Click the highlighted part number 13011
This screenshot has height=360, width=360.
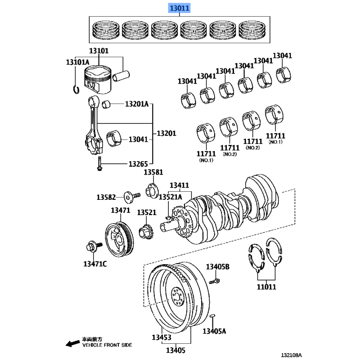(180, 8)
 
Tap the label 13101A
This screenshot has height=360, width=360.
(77, 62)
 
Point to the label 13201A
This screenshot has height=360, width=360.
(136, 104)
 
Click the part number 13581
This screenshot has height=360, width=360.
(153, 172)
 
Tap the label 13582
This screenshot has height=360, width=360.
(106, 197)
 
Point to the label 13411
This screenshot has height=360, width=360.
(179, 185)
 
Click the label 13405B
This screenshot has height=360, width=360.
(218, 267)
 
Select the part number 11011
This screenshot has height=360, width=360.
(266, 286)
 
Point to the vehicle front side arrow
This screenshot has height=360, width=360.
(71, 344)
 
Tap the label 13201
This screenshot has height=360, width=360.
(166, 134)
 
